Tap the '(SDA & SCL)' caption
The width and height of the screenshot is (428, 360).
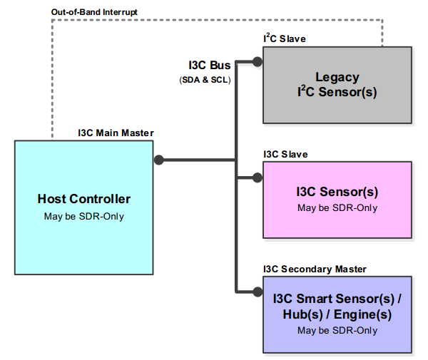(x=205, y=80)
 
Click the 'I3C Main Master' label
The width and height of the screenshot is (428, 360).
(x=116, y=133)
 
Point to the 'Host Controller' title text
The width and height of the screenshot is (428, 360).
(x=84, y=199)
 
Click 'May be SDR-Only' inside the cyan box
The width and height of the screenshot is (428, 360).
(x=84, y=216)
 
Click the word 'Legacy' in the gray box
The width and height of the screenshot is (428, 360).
(x=337, y=77)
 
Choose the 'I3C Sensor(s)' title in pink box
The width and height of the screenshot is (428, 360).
(x=337, y=192)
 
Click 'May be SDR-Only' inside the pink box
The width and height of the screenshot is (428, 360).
(x=337, y=208)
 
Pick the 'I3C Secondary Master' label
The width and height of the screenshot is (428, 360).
(x=315, y=269)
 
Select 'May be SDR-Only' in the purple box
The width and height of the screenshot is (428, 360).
(x=337, y=331)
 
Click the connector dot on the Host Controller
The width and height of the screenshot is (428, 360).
(x=159, y=160)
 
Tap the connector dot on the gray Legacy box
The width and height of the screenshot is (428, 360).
(x=258, y=62)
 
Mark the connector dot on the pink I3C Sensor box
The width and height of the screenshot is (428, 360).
(x=258, y=177)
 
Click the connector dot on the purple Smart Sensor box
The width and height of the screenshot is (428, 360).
(x=258, y=291)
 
